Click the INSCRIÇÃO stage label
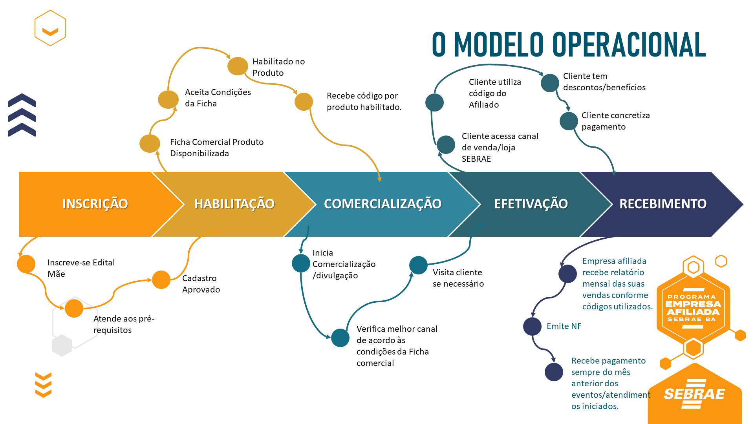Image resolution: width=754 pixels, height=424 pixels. [95, 204]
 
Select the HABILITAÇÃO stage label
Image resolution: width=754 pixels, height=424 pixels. [234, 204]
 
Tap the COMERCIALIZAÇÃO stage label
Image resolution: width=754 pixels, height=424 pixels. [382, 204]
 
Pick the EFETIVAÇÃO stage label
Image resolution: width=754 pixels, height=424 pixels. [531, 204]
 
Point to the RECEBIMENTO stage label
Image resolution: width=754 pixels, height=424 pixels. [663, 204]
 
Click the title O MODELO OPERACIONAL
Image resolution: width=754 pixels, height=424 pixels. [569, 45]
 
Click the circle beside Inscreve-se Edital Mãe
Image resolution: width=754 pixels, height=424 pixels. [26, 264]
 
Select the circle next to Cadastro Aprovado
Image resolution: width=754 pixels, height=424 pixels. [161, 280]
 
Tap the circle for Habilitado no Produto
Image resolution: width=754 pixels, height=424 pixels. [238, 66]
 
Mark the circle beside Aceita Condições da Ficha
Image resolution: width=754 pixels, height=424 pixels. [168, 99]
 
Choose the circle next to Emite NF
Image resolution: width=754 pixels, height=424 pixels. [533, 326]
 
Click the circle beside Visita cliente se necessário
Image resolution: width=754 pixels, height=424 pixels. [418, 265]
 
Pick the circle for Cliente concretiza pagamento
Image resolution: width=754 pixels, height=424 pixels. [569, 121]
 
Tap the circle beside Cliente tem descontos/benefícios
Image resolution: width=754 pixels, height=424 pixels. [550, 83]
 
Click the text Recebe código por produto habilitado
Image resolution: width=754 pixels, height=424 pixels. [364, 101]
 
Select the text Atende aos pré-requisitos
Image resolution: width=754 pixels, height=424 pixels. [124, 324]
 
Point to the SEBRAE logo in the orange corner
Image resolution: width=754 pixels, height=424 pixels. [694, 394]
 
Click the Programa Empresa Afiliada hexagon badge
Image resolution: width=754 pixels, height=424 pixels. [693, 308]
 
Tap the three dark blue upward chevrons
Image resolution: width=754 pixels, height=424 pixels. [22, 115]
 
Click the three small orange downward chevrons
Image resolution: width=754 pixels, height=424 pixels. [43, 385]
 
